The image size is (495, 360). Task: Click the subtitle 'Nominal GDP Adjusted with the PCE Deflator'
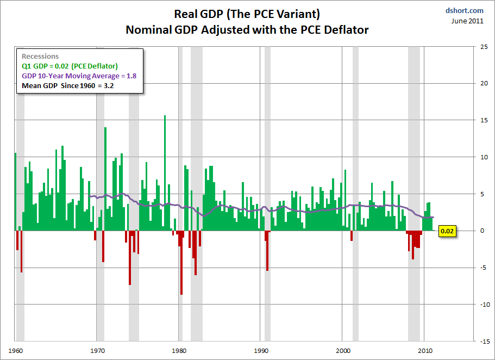247,29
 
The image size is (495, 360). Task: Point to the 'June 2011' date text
467,21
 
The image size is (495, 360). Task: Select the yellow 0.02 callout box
447,231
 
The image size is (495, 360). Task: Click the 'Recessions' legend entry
40,57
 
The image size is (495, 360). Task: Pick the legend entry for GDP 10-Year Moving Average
78,76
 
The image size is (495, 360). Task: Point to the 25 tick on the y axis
484,47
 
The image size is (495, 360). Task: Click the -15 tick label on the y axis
483,342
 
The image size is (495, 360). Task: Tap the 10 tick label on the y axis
484,157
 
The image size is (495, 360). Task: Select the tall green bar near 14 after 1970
105,179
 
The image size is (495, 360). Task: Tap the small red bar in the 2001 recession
352,235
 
